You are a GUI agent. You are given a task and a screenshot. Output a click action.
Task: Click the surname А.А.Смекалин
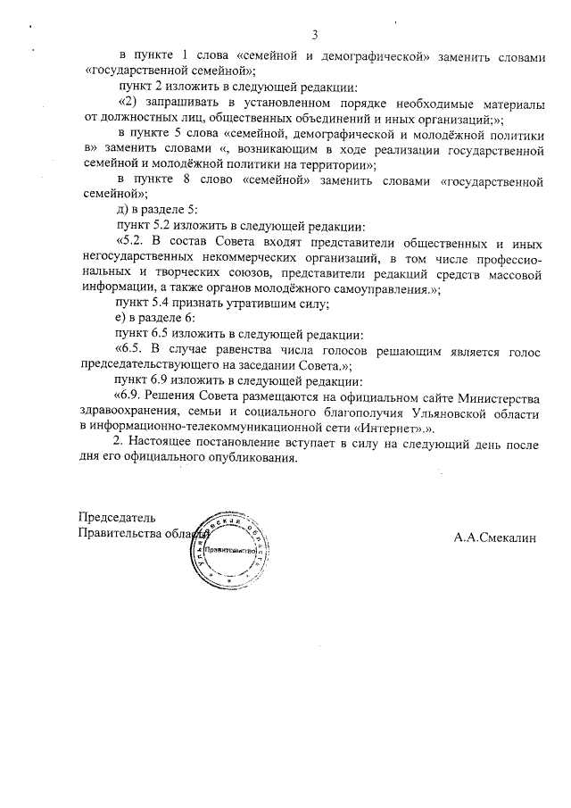[x=498, y=538]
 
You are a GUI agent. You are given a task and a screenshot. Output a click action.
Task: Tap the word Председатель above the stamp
[x=117, y=518]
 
